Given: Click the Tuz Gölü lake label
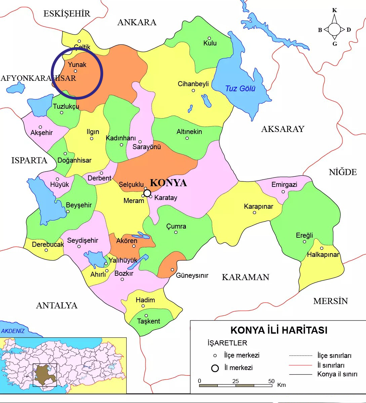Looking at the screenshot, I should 240,89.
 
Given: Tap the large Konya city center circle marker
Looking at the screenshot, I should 147,193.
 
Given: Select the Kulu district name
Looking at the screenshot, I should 210,43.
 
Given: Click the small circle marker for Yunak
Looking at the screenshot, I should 75,71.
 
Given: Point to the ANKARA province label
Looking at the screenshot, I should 137,23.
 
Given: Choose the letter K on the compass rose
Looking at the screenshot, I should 334,10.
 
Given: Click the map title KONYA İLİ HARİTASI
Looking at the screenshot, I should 279,330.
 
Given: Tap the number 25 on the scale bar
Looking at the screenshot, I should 235,381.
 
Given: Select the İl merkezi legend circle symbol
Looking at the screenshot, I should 215,368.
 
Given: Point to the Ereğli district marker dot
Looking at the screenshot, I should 304,242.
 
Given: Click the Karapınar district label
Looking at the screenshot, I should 258,206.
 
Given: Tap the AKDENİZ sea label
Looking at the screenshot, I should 13,331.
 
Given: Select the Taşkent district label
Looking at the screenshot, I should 149,321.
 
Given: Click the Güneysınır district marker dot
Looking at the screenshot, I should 172,270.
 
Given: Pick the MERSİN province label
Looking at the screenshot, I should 330,301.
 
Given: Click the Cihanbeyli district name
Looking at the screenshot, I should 193,84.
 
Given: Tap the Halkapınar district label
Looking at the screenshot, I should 323,255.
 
